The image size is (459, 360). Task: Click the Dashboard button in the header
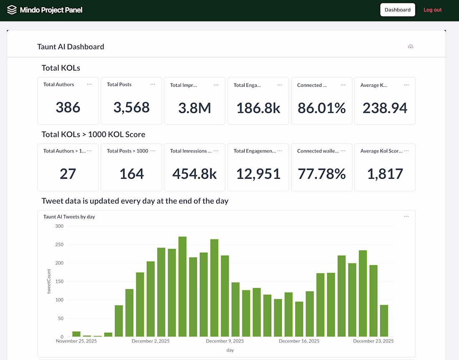coord(398,10)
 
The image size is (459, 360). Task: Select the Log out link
coord(432,10)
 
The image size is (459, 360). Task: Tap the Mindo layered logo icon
coord(12,10)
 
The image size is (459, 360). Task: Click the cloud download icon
coord(411,47)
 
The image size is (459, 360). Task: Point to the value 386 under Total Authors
coord(68,107)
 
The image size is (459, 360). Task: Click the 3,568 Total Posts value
coord(131,107)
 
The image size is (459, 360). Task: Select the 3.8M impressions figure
coord(195,108)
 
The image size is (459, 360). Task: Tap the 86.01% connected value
coord(321,108)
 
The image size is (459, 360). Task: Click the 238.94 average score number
coord(385,108)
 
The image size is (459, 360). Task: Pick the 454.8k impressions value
coord(195,174)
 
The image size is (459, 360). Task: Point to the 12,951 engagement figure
coord(258,174)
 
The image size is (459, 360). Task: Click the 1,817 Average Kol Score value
coord(385,174)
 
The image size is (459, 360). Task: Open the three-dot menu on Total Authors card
coord(89,84)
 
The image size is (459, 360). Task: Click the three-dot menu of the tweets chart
coord(406,216)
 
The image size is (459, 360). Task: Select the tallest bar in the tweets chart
coord(182,286)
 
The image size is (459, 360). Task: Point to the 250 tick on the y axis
coord(59,244)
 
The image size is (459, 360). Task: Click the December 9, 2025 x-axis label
coord(225,341)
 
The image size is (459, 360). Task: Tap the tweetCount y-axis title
coord(49,281)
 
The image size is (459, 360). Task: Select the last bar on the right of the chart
coord(384,321)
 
